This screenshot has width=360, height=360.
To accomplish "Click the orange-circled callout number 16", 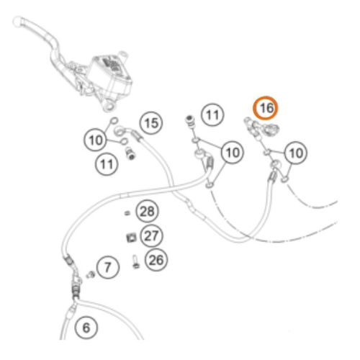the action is coord(266,108).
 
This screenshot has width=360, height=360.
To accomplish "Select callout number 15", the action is coord(151,123).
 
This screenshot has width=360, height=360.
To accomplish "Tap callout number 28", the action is coord(147,212).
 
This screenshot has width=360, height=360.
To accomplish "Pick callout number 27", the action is coord(151,235).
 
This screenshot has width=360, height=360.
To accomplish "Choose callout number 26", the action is coord(156,260).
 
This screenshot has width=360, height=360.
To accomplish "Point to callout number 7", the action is coord(108,267).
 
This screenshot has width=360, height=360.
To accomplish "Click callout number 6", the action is coord(86,328).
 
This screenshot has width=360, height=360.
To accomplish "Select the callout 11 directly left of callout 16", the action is coord(212,114).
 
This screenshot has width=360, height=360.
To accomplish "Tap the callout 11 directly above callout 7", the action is coord(107,164).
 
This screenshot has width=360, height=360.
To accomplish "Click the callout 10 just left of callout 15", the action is coord(95,140).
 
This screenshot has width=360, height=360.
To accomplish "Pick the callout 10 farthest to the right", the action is coord(296,153).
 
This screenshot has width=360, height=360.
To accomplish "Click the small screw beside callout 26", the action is coord(135,262).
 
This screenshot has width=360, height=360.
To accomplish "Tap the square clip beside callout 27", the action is coord(131,238).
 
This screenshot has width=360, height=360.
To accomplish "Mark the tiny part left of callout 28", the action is coord(127,213).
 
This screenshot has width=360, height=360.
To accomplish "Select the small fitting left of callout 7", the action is coord(91,274).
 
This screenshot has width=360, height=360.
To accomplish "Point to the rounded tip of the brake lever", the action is coord(17,21).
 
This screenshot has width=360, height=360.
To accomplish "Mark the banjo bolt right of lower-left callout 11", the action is coord(130,153).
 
